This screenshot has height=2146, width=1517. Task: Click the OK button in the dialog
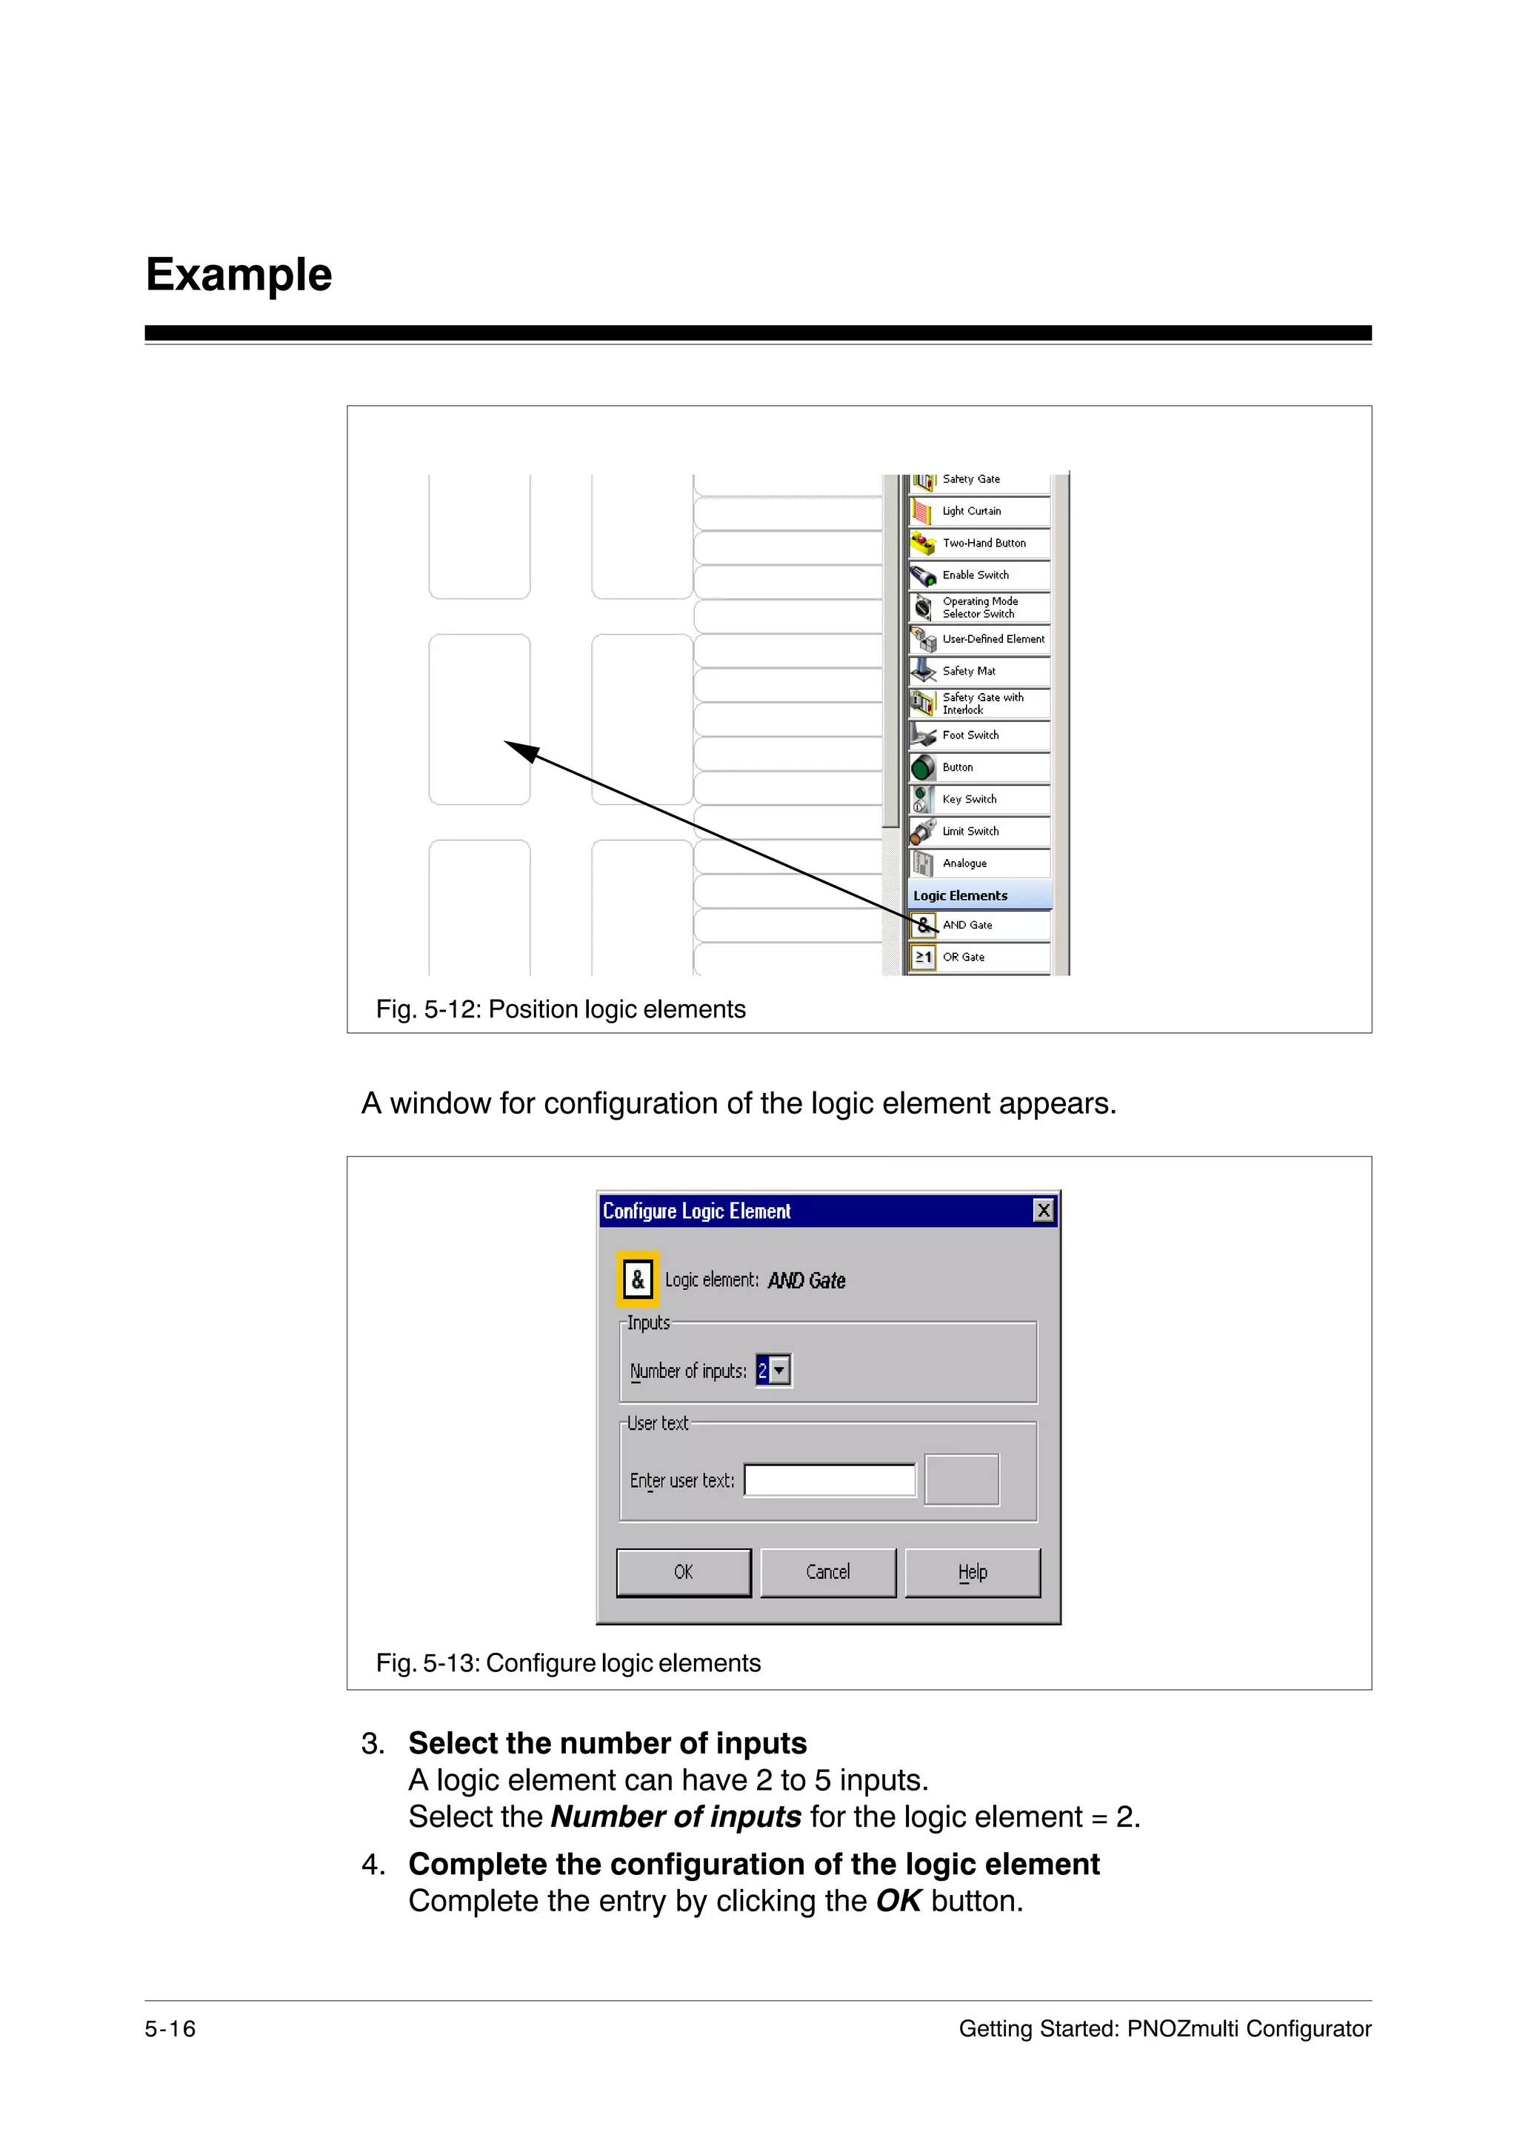pyautogui.click(x=683, y=1572)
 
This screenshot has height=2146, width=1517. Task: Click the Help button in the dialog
pyautogui.click(x=972, y=1572)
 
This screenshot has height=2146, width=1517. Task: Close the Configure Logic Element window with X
pyautogui.click(x=1043, y=1211)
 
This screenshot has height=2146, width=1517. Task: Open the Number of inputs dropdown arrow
pyautogui.click(x=779, y=1371)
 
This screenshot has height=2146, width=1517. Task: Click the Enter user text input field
pyautogui.click(x=829, y=1480)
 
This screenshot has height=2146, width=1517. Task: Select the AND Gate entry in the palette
pyautogui.click(x=978, y=926)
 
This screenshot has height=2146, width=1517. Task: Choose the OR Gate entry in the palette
pyautogui.click(x=978, y=957)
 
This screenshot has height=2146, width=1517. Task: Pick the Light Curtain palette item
pyautogui.click(x=978, y=511)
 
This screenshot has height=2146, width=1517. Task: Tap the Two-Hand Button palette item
pyautogui.click(x=978, y=543)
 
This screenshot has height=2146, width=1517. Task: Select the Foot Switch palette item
pyautogui.click(x=978, y=735)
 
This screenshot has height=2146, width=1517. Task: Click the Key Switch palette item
pyautogui.click(x=978, y=799)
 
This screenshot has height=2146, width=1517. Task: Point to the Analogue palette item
pyautogui.click(x=978, y=863)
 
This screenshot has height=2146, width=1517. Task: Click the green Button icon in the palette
pyautogui.click(x=922, y=767)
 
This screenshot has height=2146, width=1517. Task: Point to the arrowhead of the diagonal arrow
pyautogui.click(x=510, y=744)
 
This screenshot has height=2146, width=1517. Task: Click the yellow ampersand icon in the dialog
pyautogui.click(x=639, y=1280)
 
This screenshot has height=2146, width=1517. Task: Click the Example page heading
pyautogui.click(x=239, y=275)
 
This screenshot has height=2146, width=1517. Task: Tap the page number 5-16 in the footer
pyautogui.click(x=170, y=2028)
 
